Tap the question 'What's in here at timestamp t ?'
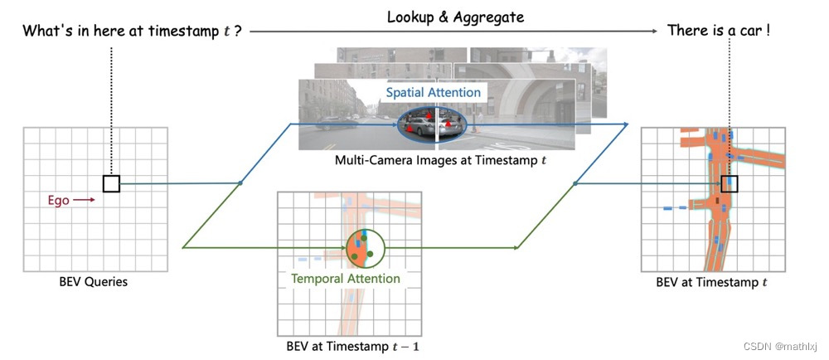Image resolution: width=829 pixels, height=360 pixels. coord(131,32)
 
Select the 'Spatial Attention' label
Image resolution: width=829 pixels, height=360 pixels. coord(434,93)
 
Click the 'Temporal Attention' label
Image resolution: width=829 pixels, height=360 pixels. coord(346,279)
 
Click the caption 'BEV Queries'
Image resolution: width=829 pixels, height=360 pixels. coord(95,282)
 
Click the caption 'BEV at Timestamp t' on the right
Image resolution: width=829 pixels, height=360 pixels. coord(711,282)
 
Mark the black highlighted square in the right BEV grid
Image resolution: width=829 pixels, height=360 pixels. coord(730,183)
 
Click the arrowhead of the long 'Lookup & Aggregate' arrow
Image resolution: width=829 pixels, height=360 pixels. coord(657,32)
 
